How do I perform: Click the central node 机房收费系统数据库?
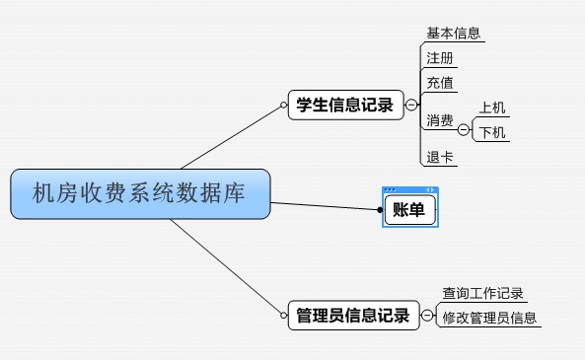coord(140,193)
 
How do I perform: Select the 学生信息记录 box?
coord(346,105)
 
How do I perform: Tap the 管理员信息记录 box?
coord(352,316)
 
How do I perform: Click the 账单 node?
coord(408,208)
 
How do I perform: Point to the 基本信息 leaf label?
coord(454,33)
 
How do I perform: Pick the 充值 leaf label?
coord(440,82)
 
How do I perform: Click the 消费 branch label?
coord(440,121)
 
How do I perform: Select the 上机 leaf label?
coord(493,108)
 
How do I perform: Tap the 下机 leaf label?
coord(493,132)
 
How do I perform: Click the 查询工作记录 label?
coord(482,293)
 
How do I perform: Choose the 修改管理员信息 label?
coord(489,318)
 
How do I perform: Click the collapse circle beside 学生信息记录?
coord(411,105)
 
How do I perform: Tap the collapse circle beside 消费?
coord(464,128)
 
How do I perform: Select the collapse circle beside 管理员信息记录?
coord(426,316)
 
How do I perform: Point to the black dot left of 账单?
coord(379,208)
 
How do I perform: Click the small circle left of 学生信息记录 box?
coord(283,105)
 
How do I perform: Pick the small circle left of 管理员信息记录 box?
coord(283,316)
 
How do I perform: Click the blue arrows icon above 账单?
coord(430,189)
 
